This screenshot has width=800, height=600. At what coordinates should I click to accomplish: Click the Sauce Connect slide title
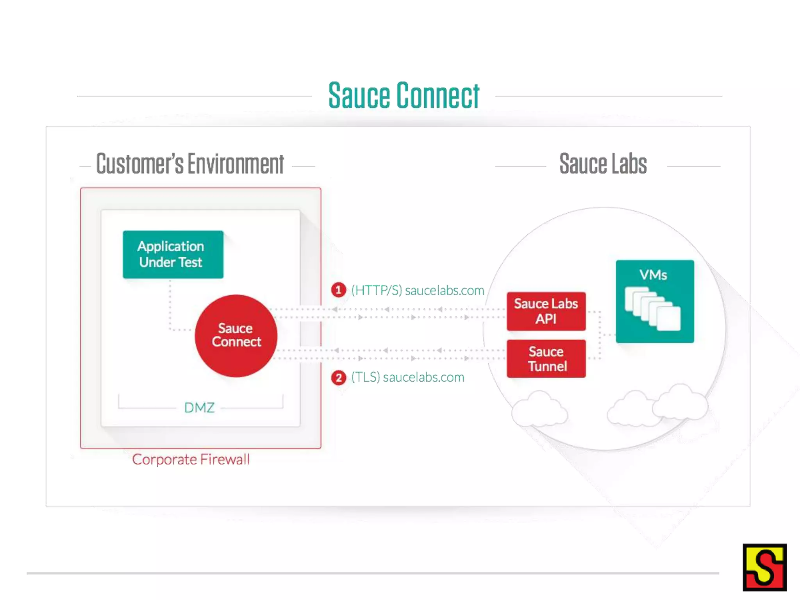(x=404, y=96)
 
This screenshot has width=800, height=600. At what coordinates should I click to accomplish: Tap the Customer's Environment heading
(x=190, y=164)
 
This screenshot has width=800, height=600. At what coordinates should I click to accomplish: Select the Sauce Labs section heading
(x=603, y=164)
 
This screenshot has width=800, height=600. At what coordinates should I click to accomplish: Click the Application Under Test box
(x=173, y=254)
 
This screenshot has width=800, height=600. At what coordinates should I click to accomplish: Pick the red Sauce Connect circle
(x=236, y=336)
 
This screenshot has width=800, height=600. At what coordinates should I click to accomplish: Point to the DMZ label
(x=199, y=407)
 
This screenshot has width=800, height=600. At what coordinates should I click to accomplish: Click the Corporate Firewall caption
(x=191, y=459)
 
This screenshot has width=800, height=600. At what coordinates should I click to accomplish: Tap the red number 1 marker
(x=338, y=290)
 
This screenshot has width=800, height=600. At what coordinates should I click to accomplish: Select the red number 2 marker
(x=338, y=377)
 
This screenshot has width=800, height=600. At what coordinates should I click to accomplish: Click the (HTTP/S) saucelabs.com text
(x=417, y=291)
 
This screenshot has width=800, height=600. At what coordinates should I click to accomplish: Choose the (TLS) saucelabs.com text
(x=407, y=377)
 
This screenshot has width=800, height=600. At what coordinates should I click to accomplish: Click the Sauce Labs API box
(x=546, y=311)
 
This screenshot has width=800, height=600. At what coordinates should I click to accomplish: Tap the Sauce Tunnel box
(x=546, y=359)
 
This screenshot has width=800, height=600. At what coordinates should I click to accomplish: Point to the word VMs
(x=653, y=275)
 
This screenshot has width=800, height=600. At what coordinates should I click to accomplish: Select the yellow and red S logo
(x=764, y=567)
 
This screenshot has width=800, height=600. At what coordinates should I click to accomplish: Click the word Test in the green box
(x=190, y=262)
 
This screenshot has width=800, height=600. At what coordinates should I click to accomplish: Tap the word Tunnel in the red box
(x=547, y=366)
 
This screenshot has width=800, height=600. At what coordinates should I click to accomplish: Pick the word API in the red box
(x=546, y=319)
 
